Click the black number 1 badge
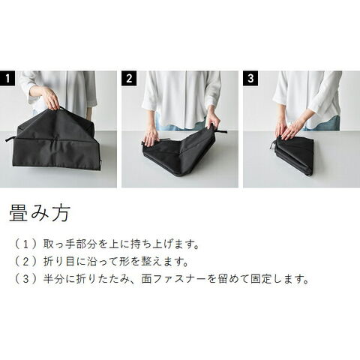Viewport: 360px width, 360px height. tap(7, 78)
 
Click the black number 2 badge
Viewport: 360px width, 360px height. tap(129, 78)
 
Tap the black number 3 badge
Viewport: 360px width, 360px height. tap(250, 78)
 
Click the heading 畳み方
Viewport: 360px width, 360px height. tap(40, 213)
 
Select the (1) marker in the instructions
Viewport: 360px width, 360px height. tap(26, 244)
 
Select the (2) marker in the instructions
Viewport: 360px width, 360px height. tap(26, 262)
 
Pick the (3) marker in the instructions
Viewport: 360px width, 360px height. tap(26, 279)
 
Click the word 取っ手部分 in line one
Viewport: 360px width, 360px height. tap(70, 244)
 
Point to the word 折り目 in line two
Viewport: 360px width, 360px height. tap(58, 262)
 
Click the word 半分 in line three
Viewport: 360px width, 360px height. tap(53, 279)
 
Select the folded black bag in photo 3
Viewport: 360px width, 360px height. tap(292, 155)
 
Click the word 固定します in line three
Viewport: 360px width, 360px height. tap(280, 279)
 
